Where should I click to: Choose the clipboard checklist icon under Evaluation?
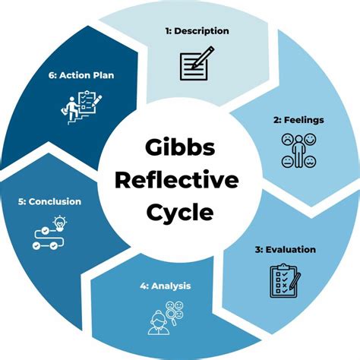tap(285, 280)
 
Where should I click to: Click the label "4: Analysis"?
tap(165, 286)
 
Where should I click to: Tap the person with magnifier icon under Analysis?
tap(163, 317)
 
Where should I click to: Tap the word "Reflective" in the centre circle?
tap(180, 180)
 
